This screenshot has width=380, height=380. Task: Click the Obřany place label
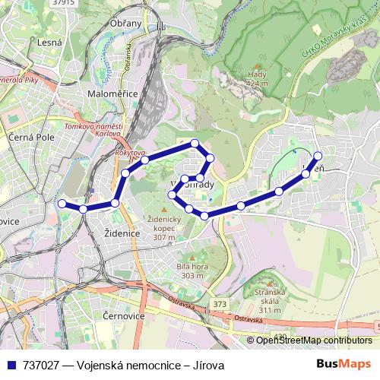(x=125, y=24)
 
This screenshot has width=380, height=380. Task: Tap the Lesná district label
(x=50, y=43)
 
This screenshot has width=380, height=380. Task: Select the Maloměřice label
(x=111, y=94)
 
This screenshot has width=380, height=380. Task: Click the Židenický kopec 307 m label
(x=157, y=228)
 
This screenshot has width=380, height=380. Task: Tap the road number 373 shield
(x=220, y=304)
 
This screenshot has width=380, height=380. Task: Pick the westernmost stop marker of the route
(x=62, y=203)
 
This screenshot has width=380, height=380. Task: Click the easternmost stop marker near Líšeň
(x=318, y=156)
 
